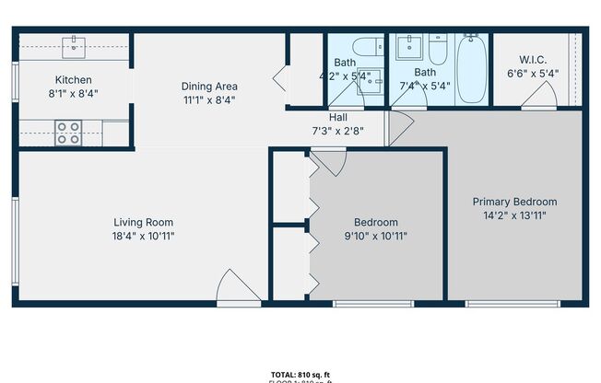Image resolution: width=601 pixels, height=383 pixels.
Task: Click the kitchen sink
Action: click(75, 45)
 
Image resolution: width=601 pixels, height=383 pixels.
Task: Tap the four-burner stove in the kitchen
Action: click(68, 133)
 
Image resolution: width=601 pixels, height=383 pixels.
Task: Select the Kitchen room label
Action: click(74, 80)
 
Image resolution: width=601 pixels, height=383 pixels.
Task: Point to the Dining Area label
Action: click(209, 87)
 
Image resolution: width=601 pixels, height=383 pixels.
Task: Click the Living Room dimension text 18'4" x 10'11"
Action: click(144, 236)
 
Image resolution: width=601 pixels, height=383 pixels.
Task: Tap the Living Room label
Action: click(144, 222)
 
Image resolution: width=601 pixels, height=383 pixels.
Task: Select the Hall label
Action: click(338, 117)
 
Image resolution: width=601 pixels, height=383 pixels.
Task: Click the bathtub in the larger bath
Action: click(472, 70)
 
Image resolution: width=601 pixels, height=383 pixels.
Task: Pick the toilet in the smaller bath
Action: click(368, 45)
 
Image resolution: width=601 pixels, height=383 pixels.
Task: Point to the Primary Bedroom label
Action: click(514, 202)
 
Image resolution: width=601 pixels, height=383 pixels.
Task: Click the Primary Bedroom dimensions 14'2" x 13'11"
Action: click(514, 216)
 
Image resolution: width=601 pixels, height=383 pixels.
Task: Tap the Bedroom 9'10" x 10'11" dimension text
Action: click(376, 236)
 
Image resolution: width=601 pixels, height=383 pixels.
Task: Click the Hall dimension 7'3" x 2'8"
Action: click(338, 130)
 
